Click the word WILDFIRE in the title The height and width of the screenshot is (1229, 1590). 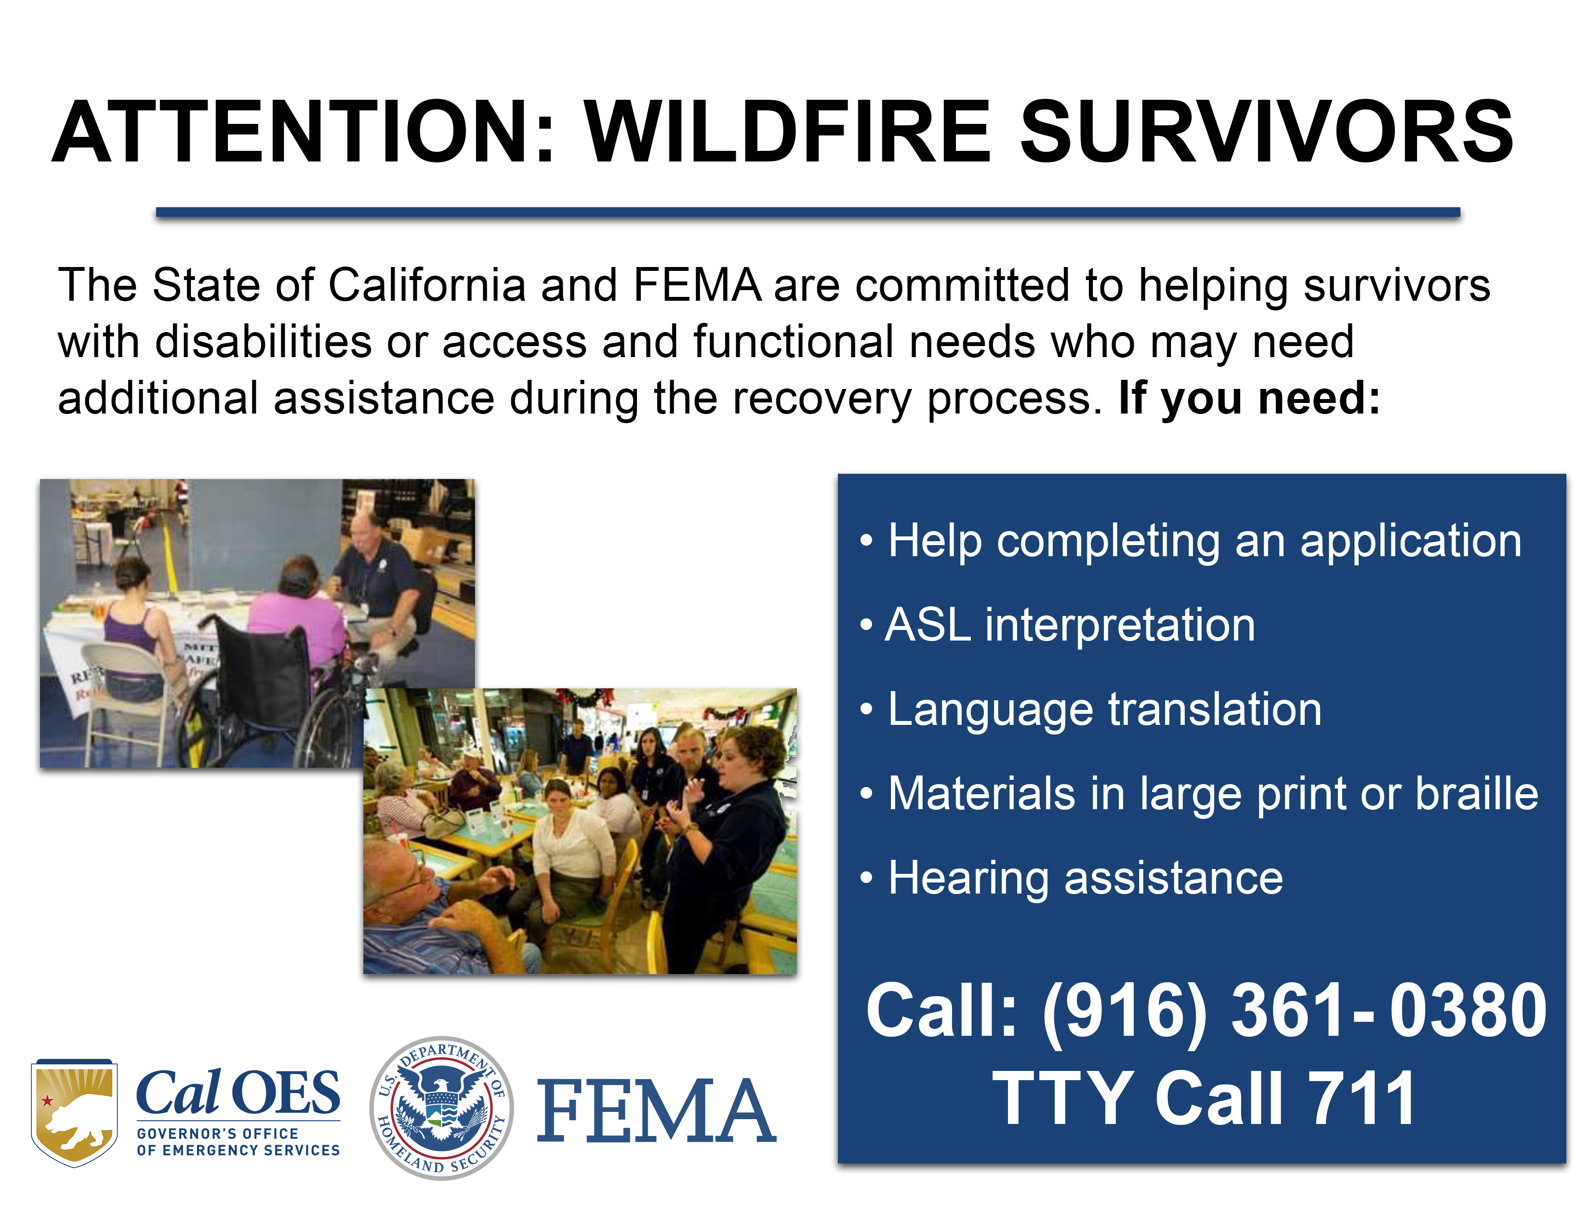pos(788,132)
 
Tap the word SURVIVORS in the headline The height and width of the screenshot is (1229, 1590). pos(1268,132)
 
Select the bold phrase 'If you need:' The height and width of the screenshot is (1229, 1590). pos(1249,399)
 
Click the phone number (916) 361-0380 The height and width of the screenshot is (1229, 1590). pos(1295,1011)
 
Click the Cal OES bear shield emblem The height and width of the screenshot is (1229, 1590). pos(74,1112)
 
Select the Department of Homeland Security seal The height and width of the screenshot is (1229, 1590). pos(441,1108)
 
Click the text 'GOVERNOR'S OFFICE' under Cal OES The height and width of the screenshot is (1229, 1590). pos(218,1134)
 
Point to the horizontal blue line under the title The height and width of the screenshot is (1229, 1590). pos(808,213)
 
